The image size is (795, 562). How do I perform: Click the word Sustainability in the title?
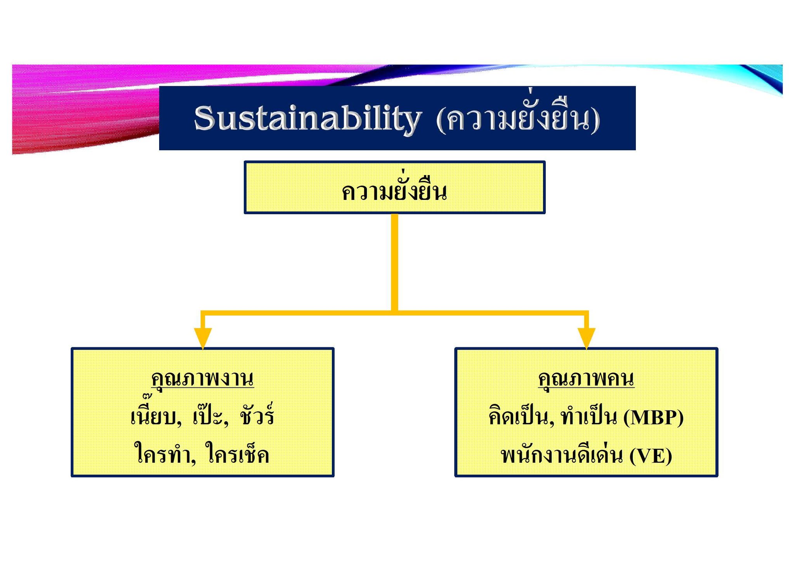pos(307,118)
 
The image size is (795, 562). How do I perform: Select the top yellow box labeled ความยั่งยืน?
pos(394,187)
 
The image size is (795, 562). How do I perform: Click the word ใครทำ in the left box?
pos(165,453)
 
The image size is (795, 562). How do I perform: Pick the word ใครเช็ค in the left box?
pos(238,453)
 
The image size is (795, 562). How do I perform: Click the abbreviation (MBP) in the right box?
pos(653,418)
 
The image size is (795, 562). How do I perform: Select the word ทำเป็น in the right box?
pos(589,416)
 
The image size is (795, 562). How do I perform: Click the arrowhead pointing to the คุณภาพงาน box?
pos(203,338)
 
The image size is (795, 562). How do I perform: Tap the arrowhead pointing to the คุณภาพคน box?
pos(586,338)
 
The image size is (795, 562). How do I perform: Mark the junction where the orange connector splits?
pos(394,312)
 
